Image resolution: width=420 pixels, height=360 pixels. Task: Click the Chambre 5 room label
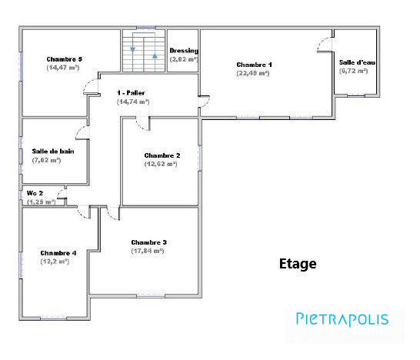[x=64, y=59]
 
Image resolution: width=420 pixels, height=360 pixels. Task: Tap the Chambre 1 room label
[x=254, y=65]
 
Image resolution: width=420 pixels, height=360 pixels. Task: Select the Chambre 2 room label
[x=162, y=155]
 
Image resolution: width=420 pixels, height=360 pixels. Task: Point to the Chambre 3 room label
[x=148, y=242]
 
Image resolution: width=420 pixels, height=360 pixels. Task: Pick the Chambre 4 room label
[x=58, y=252]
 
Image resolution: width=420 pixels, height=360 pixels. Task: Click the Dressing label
[x=184, y=51]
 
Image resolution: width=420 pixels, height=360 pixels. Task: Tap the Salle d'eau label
[x=354, y=62]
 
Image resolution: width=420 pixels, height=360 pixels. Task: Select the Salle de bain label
[x=53, y=152]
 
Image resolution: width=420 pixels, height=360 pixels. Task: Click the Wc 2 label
[x=35, y=192]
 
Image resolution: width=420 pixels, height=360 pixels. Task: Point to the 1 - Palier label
[x=132, y=92]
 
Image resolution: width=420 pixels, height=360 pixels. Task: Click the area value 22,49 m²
[x=254, y=73]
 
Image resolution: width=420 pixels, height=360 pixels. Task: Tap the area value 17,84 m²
[x=148, y=250]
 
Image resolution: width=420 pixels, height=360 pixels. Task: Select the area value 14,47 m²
[x=63, y=68]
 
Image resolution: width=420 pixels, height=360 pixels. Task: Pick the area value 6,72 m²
[x=354, y=70]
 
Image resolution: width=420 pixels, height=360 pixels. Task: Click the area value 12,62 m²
[x=162, y=164]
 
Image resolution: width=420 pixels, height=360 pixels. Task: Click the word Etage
[x=297, y=264]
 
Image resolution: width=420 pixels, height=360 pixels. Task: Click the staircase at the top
[x=144, y=52]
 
